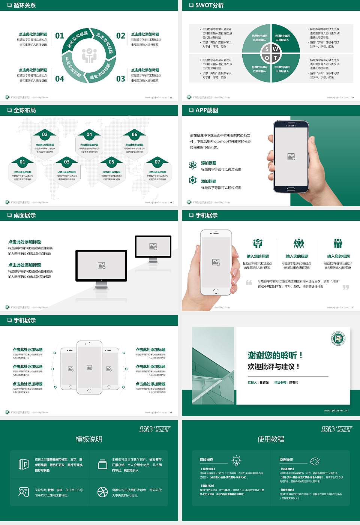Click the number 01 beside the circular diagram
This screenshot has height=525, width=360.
(60, 36)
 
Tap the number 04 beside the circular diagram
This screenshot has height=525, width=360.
(60, 79)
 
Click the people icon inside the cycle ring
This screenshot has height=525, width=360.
(89, 55)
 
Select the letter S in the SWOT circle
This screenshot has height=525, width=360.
(267, 49)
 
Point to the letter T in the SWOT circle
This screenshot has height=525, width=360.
(276, 58)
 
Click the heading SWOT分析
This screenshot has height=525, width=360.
(209, 5)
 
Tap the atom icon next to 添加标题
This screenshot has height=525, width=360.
(193, 165)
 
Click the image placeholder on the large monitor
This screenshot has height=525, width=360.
(101, 265)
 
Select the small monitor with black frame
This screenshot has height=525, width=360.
(153, 246)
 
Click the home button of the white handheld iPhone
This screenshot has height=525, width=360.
(216, 291)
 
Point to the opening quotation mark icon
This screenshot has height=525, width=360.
(249, 282)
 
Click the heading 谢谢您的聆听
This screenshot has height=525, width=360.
(275, 355)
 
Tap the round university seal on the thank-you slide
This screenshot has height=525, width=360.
(338, 339)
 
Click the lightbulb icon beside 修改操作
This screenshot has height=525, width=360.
(236, 460)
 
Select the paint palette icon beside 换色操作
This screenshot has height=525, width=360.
(315, 461)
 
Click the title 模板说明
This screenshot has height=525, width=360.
(89, 439)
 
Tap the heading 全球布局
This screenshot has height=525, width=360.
(25, 110)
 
